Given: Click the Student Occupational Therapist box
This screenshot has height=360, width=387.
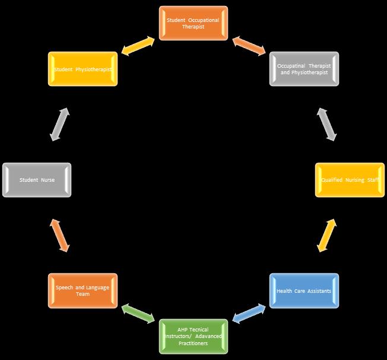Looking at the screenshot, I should tap(193, 23).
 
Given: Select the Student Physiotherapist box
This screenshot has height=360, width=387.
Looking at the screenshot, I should tap(83, 69).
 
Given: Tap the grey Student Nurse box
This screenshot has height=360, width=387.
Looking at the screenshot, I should tap(37, 180).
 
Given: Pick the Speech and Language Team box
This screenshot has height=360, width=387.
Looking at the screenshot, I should tap(83, 290).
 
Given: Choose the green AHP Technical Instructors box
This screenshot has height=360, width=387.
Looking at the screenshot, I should tap(193, 336).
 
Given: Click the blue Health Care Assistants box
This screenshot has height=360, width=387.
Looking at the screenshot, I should tap(304, 290).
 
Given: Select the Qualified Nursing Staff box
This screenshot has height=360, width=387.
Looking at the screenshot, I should tap(350, 180).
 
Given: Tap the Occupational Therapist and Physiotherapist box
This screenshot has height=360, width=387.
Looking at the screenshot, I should tap(304, 69).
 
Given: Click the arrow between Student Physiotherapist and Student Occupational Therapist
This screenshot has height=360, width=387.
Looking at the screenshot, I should tap(138, 46).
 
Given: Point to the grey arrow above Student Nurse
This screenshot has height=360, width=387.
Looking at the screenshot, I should tap(59, 124).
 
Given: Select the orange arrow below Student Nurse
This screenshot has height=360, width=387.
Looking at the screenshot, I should tap(59, 235).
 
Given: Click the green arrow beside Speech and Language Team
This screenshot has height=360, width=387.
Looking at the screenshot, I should tap(138, 314).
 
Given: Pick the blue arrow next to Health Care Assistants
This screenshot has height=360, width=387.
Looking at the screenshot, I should tap(249, 314).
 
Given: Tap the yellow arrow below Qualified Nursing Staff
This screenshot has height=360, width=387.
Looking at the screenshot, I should tap(326, 235).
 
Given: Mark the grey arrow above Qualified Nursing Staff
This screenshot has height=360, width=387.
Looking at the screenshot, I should tap(326, 124).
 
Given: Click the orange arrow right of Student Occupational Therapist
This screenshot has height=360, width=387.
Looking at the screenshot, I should tap(249, 46).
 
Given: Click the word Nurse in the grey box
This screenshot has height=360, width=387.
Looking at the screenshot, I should tap(48, 180).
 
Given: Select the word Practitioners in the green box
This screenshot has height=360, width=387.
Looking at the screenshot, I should tap(193, 343).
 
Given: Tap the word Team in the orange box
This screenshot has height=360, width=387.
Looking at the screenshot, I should tap(83, 294).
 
